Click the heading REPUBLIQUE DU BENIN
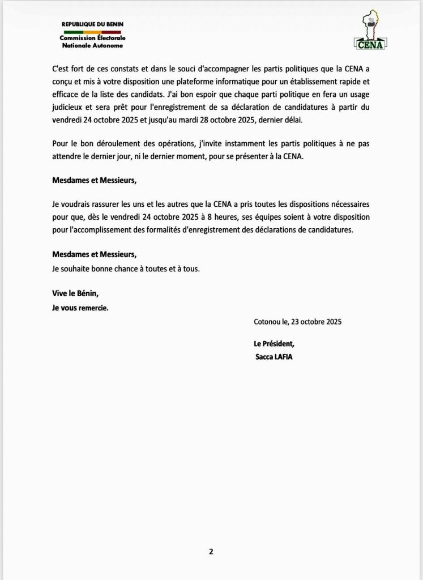pyautogui.click(x=92, y=24)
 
